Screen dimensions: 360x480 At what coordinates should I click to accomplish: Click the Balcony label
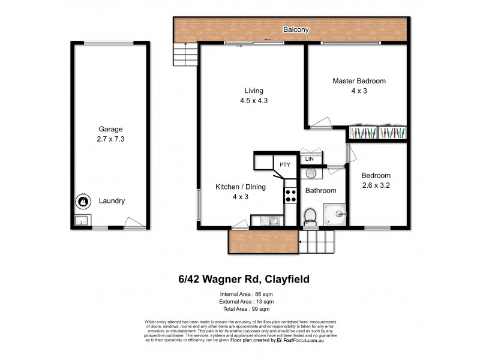[296, 28]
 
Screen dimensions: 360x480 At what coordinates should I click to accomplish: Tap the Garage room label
[111, 129]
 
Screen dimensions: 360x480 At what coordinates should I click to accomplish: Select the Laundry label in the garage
[112, 201]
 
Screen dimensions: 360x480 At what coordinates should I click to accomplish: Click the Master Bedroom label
[359, 80]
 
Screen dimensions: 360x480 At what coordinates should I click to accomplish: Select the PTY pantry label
[284, 163]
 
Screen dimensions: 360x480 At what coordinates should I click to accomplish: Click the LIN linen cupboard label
[310, 159]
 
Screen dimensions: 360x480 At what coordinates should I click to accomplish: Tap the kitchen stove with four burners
[291, 195]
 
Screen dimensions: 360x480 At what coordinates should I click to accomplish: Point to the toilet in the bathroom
[310, 215]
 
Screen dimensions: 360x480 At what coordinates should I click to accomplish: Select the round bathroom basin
[311, 173]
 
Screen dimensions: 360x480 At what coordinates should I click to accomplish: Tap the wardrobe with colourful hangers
[377, 133]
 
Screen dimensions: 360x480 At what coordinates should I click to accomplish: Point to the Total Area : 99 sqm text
[239, 309]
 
